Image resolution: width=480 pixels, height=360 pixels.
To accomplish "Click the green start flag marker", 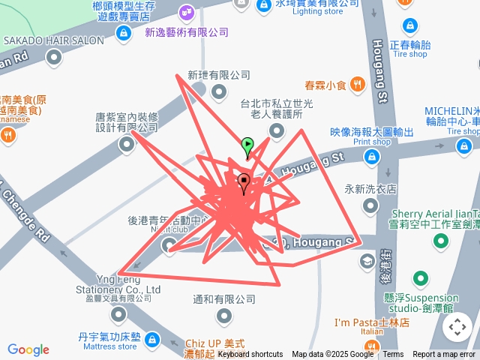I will (247, 145).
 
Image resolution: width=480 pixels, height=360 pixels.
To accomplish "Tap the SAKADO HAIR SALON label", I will (53, 40).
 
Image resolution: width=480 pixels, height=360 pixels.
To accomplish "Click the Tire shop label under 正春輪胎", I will (409, 54).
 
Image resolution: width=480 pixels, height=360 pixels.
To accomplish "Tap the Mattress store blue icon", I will (152, 339).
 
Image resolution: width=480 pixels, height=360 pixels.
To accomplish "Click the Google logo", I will (28, 349).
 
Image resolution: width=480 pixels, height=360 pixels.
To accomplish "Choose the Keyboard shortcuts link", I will (250, 354).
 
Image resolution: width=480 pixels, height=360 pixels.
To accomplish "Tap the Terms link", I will (393, 354).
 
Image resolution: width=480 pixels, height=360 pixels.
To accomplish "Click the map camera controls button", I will (457, 327).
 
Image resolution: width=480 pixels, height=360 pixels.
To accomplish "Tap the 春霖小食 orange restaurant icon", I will (358, 84).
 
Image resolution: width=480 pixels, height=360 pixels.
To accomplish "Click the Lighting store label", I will (317, 11).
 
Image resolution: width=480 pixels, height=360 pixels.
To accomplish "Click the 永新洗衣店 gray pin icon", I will (370, 205).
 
